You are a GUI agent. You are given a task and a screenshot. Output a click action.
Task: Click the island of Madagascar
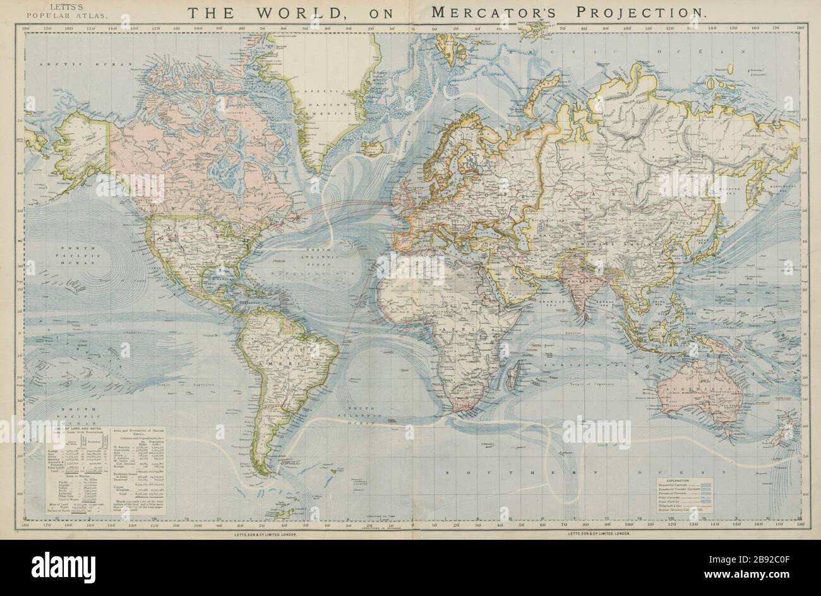pos(516,369)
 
